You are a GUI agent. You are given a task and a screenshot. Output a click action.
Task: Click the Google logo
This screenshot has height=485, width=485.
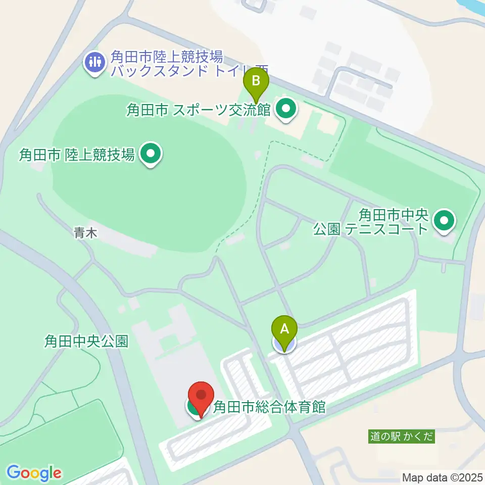tap(34, 473)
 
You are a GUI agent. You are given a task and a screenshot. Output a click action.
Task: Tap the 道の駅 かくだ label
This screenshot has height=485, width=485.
tap(401, 437)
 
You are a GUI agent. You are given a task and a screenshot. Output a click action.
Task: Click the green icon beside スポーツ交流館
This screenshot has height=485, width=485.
tap(285, 108)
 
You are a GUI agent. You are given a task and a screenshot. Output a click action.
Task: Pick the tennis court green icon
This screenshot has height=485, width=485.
tap(444, 221)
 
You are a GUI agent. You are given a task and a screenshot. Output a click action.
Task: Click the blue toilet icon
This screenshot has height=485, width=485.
tap(95, 62)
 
